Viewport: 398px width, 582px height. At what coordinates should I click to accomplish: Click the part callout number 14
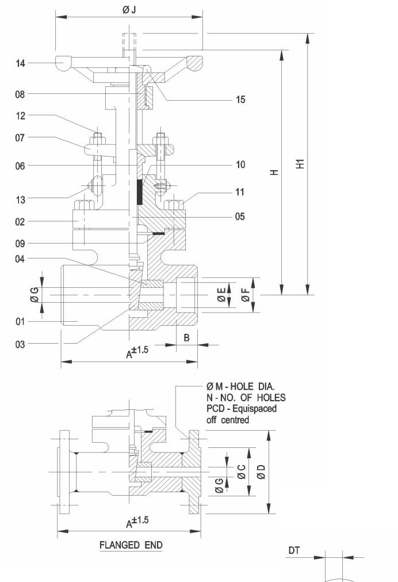click(20, 64)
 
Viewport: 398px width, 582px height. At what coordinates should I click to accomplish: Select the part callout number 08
click(20, 94)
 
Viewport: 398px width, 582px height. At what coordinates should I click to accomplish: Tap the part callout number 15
click(240, 100)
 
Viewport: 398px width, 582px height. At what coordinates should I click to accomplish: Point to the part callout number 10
click(240, 165)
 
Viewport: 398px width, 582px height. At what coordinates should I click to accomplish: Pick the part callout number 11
click(240, 192)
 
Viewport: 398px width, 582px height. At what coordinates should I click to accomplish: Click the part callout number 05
click(240, 216)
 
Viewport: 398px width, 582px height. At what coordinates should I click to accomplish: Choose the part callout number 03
click(20, 344)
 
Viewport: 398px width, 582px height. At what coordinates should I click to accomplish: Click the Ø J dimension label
click(129, 9)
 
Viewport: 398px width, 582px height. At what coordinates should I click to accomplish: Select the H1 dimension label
click(300, 164)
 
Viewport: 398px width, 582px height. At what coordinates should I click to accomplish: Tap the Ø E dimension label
click(221, 295)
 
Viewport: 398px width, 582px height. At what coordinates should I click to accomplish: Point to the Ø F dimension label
click(246, 295)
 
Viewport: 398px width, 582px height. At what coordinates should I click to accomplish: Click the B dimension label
click(186, 338)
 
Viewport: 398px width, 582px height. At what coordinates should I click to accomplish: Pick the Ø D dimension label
click(261, 473)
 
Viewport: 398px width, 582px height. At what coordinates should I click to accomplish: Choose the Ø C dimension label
click(242, 473)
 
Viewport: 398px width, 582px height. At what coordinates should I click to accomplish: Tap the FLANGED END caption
click(131, 545)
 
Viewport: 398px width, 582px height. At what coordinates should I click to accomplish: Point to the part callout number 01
click(20, 321)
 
